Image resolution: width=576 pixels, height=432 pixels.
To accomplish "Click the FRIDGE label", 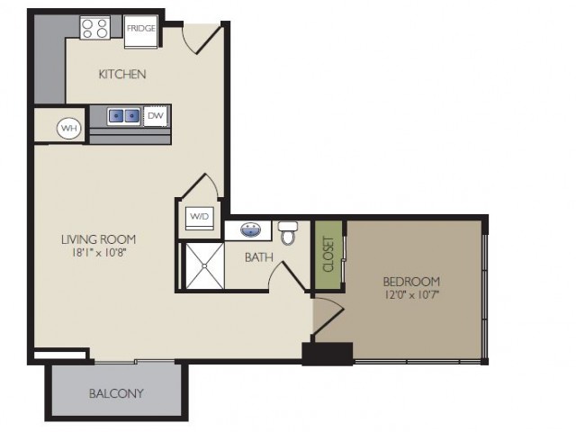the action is [x=141, y=28].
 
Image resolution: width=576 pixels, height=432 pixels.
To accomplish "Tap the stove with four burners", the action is [x=94, y=28].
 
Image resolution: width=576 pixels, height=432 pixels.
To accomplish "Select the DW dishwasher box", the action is [x=156, y=116].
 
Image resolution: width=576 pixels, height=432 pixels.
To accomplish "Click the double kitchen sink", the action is [x=124, y=116].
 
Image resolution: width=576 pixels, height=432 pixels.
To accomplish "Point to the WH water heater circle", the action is [x=69, y=128].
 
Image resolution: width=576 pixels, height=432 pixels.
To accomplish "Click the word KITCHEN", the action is [x=122, y=74].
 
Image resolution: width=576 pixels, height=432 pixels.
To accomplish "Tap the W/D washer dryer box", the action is [x=200, y=218].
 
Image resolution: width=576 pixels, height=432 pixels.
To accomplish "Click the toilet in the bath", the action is [x=288, y=233].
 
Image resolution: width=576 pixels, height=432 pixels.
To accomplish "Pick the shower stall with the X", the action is [x=204, y=265].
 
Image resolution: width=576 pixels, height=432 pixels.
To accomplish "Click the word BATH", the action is [x=259, y=257].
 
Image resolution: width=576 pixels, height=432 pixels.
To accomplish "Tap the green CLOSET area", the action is [x=328, y=255].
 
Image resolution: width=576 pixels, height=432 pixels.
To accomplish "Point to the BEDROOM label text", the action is [x=411, y=282].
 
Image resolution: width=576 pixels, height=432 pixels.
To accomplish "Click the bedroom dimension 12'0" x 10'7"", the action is [x=412, y=294].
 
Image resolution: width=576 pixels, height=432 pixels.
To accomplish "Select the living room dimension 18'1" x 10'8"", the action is [x=99, y=252].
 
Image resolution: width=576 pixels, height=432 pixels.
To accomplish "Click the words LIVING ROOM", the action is [x=98, y=239].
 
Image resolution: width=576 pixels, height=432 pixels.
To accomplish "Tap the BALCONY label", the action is [x=116, y=393].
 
